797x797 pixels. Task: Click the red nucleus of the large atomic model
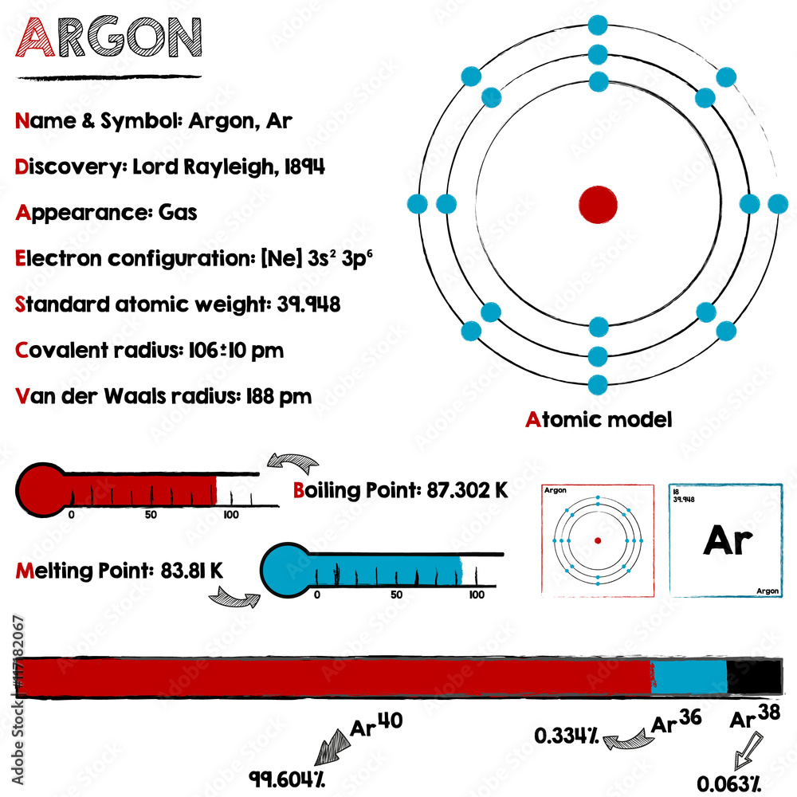click(x=598, y=204)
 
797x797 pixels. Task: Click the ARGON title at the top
click(x=110, y=37)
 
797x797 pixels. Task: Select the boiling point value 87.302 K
click(x=467, y=490)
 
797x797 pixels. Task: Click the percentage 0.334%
click(x=567, y=736)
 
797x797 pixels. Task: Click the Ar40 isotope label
click(x=376, y=725)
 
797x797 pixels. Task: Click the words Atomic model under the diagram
click(x=599, y=419)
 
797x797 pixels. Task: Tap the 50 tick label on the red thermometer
click(x=151, y=515)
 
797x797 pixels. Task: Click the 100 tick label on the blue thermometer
click(x=476, y=595)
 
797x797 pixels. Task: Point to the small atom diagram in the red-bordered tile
click(x=597, y=540)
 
